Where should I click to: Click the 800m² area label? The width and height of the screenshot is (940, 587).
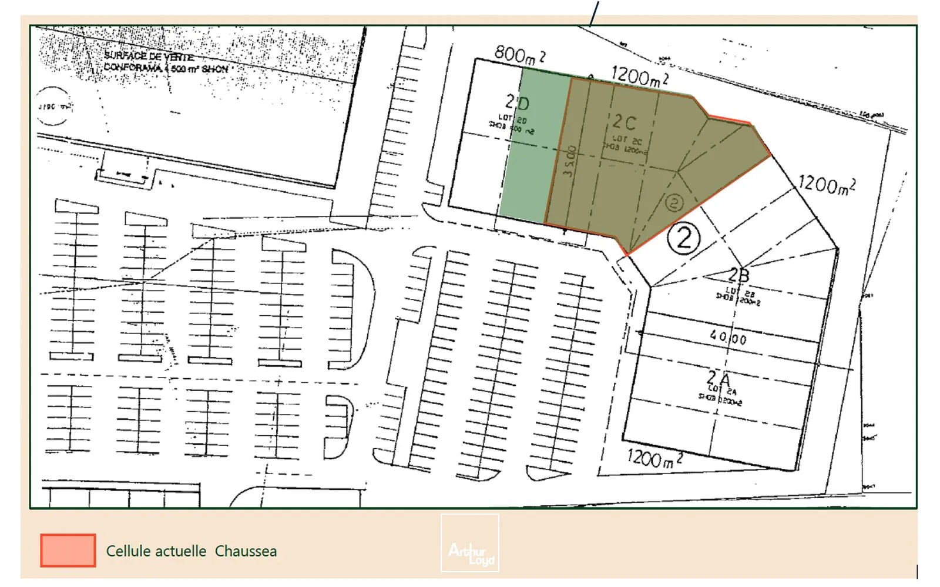519,55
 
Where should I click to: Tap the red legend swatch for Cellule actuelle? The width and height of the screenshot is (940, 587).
68,551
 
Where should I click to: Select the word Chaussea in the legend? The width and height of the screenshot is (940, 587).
246,551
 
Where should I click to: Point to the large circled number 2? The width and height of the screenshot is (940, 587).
684,239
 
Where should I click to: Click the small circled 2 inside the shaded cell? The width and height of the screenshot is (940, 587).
674,203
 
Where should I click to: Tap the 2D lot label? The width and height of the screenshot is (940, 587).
517,104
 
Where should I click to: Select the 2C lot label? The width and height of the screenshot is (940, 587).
624,122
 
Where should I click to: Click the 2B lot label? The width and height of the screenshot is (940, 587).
738,275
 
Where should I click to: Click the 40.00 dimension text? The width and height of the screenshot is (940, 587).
728,338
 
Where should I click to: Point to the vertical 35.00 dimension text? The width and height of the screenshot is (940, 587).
569,162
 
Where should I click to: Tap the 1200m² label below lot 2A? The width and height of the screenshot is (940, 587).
654,458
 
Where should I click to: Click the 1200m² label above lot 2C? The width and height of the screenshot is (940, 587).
639,76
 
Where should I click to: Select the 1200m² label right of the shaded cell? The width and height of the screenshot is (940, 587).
827,185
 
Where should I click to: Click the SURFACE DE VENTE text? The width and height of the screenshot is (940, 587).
149,56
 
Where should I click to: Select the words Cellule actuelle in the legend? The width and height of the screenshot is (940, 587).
156,551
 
